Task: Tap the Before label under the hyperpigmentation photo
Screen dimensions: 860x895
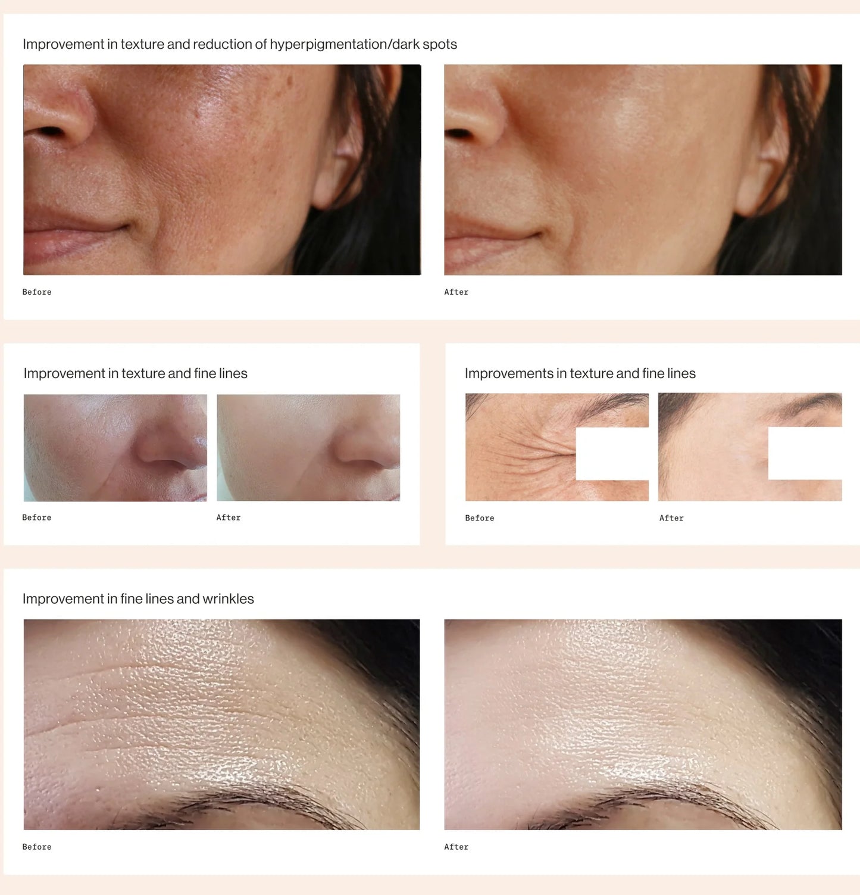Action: (37, 292)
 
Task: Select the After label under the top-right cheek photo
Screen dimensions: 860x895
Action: (456, 292)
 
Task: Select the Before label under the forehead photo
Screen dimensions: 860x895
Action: (37, 847)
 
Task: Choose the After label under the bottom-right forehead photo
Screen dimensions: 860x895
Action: (456, 847)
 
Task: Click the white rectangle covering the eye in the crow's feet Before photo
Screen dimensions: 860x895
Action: (612, 454)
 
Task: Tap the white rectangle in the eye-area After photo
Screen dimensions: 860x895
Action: (805, 453)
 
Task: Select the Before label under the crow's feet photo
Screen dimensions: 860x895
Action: (480, 518)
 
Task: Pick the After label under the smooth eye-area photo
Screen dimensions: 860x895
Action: (671, 518)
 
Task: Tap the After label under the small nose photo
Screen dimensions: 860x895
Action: (229, 517)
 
